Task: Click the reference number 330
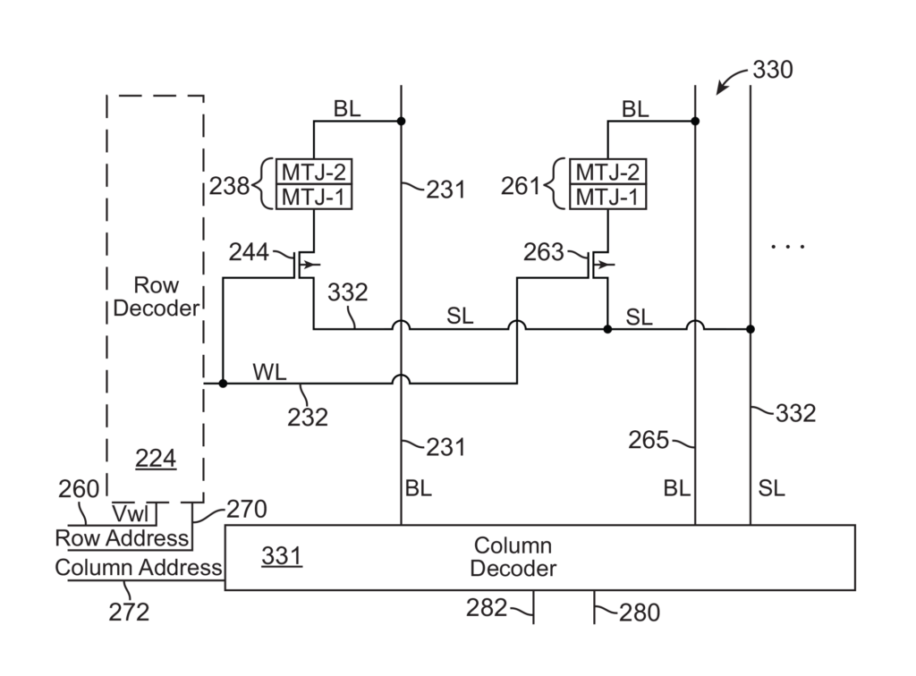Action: click(x=773, y=70)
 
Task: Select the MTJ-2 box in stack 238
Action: click(x=313, y=172)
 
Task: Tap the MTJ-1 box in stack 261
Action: click(x=607, y=197)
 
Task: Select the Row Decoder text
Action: click(x=156, y=298)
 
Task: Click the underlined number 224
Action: click(x=156, y=460)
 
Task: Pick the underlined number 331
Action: click(x=281, y=556)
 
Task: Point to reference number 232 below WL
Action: click(x=308, y=417)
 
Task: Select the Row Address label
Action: click(x=123, y=538)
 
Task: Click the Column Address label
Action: click(x=139, y=568)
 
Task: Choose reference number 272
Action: click(x=131, y=613)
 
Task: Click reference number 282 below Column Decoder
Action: click(x=486, y=608)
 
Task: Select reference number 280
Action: click(x=640, y=613)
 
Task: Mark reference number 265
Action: click(x=649, y=440)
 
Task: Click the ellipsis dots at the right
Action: click(x=787, y=246)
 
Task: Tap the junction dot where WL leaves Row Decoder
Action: click(x=224, y=384)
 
